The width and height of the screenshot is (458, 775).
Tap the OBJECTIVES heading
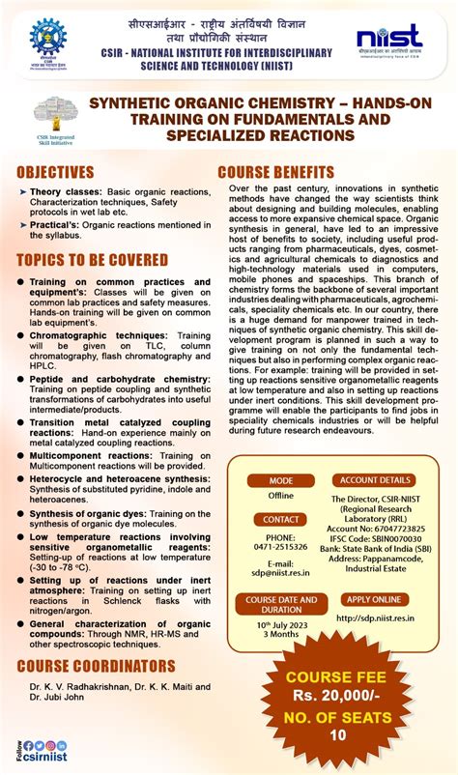tap(55, 173)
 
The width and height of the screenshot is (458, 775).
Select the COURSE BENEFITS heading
tap(276, 173)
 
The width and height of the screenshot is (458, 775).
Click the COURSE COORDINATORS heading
tap(97, 666)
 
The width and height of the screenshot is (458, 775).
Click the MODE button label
tap(280, 480)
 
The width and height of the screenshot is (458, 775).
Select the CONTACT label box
tap(280, 519)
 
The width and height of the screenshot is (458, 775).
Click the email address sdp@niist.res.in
tap(280, 571)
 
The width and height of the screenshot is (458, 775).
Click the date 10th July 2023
tap(280, 626)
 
